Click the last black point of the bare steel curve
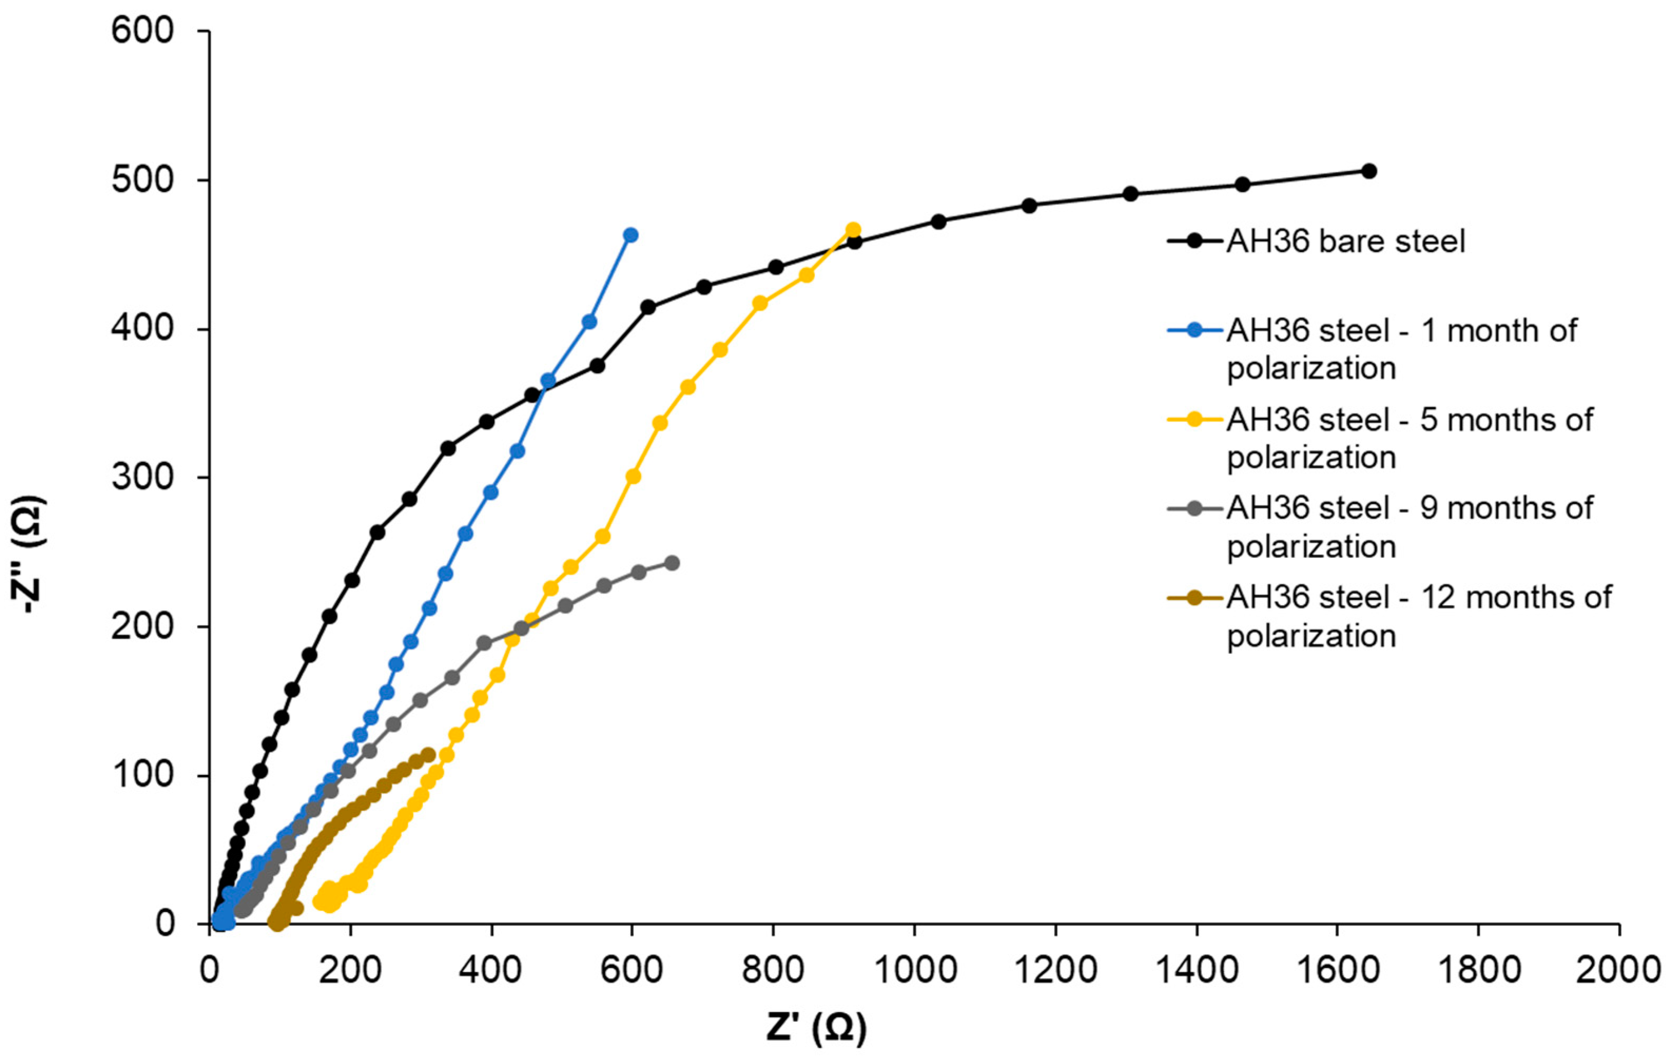(1369, 171)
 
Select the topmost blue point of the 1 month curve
(631, 236)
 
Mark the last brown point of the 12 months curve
(428, 754)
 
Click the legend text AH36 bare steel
(1345, 241)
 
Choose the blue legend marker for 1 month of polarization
(1194, 330)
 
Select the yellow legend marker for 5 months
(1194, 420)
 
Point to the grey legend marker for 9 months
(1194, 508)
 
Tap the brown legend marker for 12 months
(1194, 597)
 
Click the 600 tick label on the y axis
(142, 31)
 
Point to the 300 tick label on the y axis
(142, 477)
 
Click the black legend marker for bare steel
(1194, 241)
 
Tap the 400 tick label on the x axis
(491, 969)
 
